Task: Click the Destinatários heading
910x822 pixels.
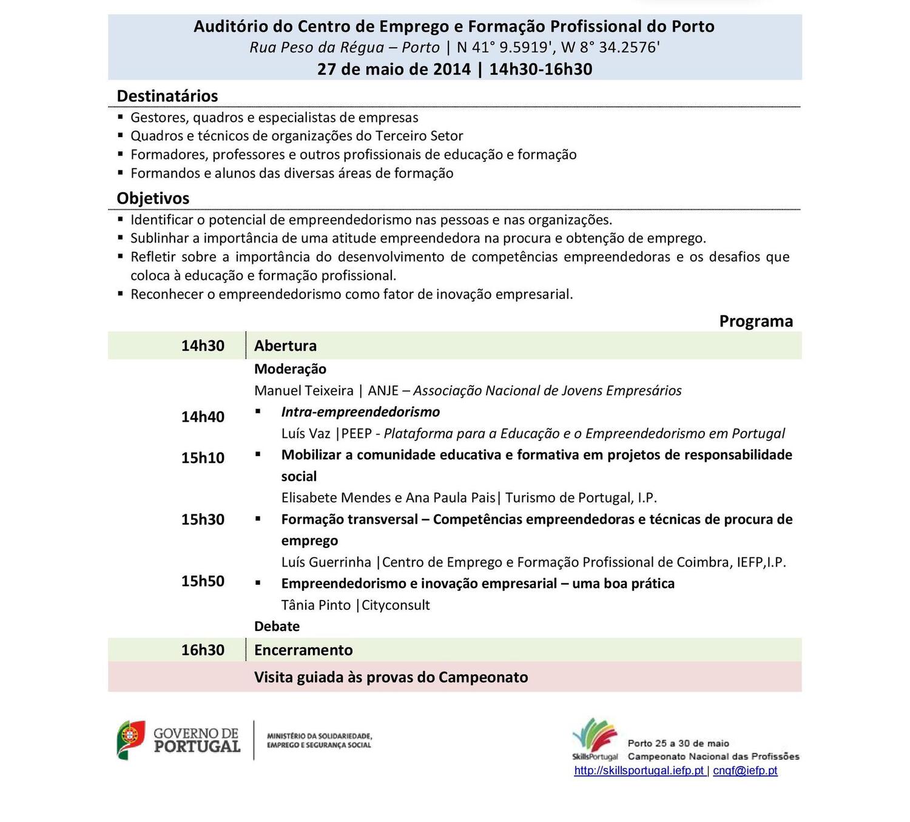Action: (x=167, y=96)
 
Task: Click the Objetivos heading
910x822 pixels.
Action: (x=153, y=198)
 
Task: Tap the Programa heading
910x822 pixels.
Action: (x=756, y=321)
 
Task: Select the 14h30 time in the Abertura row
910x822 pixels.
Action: (x=203, y=346)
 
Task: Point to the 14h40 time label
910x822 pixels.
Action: (x=203, y=417)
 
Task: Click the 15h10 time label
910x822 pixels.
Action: (x=203, y=458)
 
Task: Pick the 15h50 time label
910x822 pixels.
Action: (x=203, y=581)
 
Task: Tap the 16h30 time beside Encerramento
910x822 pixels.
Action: (x=203, y=650)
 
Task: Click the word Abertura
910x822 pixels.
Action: (x=285, y=346)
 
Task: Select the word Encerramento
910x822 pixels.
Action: (x=303, y=650)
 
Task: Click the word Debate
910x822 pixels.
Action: (x=277, y=627)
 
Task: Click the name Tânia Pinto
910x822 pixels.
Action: (x=315, y=605)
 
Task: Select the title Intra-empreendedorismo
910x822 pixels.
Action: (x=360, y=412)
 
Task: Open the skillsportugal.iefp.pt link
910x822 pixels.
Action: (x=639, y=771)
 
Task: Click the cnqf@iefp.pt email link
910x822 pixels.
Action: (x=745, y=771)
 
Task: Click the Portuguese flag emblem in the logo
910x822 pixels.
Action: (x=131, y=739)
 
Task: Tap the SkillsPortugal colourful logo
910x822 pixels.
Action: (x=595, y=737)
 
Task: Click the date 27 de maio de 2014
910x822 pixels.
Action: (x=394, y=69)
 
